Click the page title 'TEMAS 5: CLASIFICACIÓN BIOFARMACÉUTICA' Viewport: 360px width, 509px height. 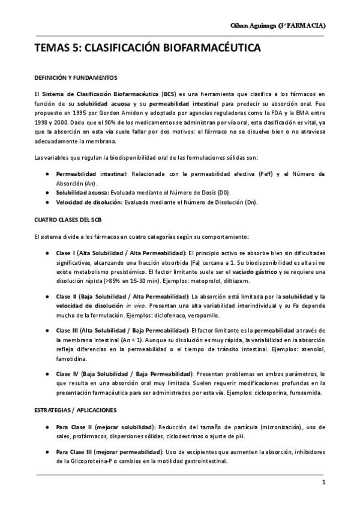pos(139,48)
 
